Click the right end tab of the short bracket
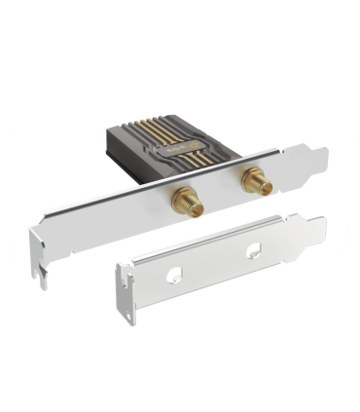click(316, 230)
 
